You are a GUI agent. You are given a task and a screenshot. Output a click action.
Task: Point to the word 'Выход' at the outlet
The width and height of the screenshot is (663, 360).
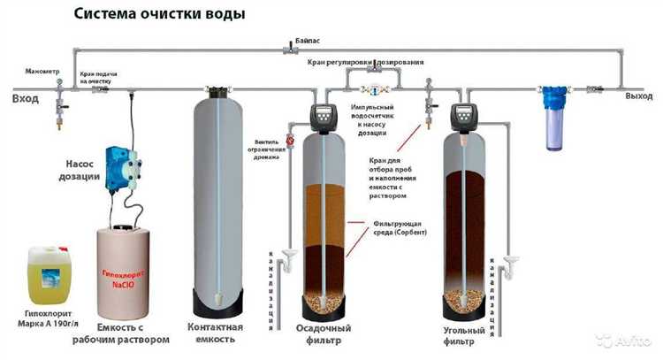638,96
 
